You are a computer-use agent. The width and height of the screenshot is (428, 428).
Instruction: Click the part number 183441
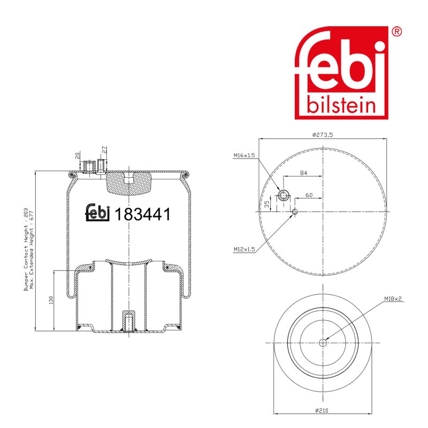(143, 215)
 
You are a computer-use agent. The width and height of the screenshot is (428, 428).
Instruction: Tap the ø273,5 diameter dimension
(323, 135)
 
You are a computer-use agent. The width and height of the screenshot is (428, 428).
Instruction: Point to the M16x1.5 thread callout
(244, 156)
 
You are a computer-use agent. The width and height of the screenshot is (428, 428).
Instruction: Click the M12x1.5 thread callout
(244, 249)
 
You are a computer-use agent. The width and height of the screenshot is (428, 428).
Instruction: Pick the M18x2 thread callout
(393, 299)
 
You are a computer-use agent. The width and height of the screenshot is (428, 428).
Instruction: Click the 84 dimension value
(303, 173)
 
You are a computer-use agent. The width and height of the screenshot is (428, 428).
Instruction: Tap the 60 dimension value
(309, 195)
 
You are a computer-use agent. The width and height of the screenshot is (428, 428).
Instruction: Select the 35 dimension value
(267, 204)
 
